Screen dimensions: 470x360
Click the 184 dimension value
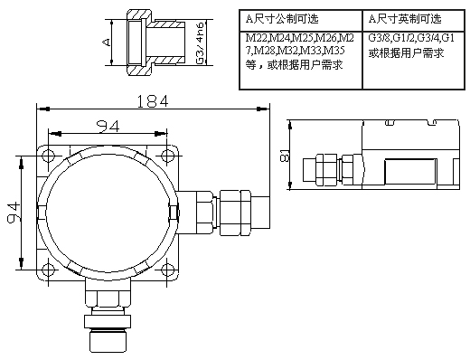point(153,101)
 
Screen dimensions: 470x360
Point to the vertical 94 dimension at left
point(14,213)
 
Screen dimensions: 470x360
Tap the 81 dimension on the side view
point(285,156)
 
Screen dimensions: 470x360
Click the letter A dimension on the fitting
point(107,42)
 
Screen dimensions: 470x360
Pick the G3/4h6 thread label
point(200,43)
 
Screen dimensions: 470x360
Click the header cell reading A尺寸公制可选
point(282,19)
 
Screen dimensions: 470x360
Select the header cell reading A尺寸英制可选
point(405,19)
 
